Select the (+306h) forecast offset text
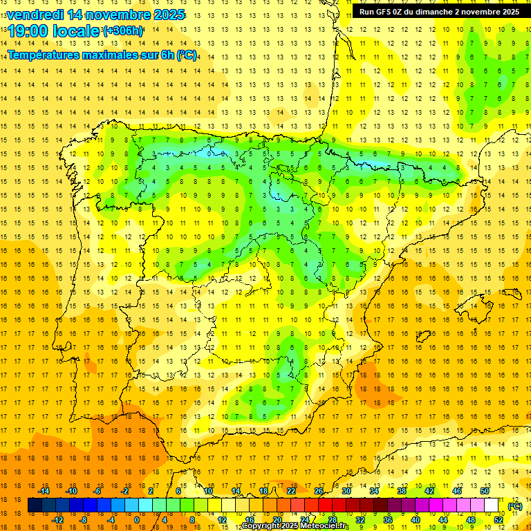[x=123, y=31]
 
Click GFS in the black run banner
[x=386, y=12]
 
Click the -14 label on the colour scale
[x=44, y=491]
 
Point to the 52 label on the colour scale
[x=499, y=520]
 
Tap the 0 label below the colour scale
[x=136, y=520]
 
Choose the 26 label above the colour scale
[x=319, y=491]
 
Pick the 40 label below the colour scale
[x=416, y=520]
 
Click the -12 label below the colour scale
[x=57, y=520]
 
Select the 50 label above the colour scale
[x=485, y=491]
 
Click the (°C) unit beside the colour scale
[x=515, y=506]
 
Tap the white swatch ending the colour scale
[x=492, y=505]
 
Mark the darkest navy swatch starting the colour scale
[x=35, y=505]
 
